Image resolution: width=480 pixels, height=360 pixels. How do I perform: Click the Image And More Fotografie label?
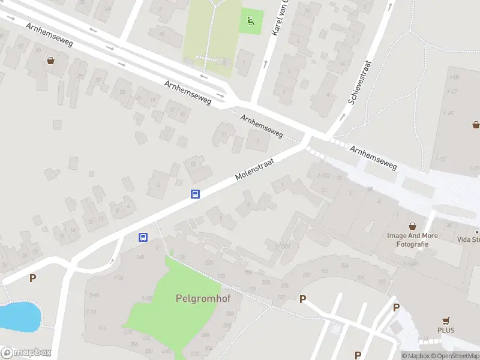tap(412, 240)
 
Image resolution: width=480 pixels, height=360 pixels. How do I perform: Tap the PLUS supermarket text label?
tap(446, 331)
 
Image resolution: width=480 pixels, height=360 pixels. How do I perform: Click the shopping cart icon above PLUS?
tap(446, 320)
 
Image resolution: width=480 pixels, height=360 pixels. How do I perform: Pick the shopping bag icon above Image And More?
tap(412, 226)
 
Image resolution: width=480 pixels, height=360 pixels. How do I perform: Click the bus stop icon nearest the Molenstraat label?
tap(195, 194)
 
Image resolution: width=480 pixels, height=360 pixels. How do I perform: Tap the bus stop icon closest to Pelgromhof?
tap(143, 237)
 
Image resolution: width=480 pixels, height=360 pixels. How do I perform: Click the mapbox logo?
tap(25, 353)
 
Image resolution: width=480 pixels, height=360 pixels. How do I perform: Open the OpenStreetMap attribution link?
tap(457, 356)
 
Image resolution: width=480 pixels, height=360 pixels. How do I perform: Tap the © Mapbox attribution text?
tap(416, 356)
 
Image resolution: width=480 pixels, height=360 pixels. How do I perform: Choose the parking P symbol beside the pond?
tap(32, 278)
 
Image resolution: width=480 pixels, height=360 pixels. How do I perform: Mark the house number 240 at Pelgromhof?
tap(140, 257)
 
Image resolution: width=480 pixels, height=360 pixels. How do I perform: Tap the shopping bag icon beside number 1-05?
tap(476, 125)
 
